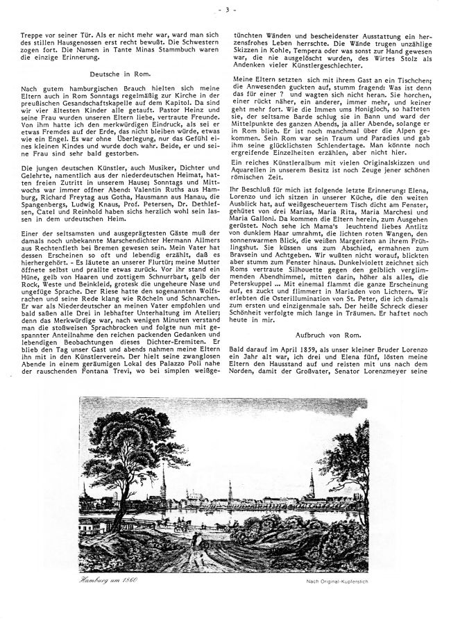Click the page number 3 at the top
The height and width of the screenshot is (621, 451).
[x=226, y=10]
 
